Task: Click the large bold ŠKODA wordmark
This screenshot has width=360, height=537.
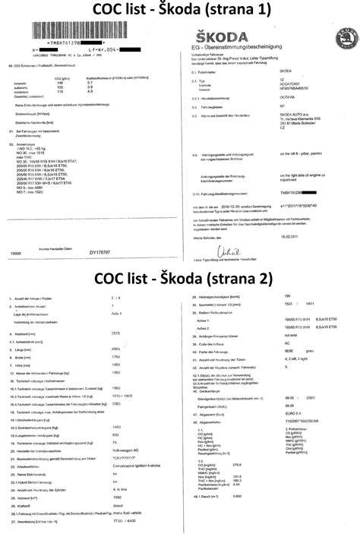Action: point(219,36)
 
